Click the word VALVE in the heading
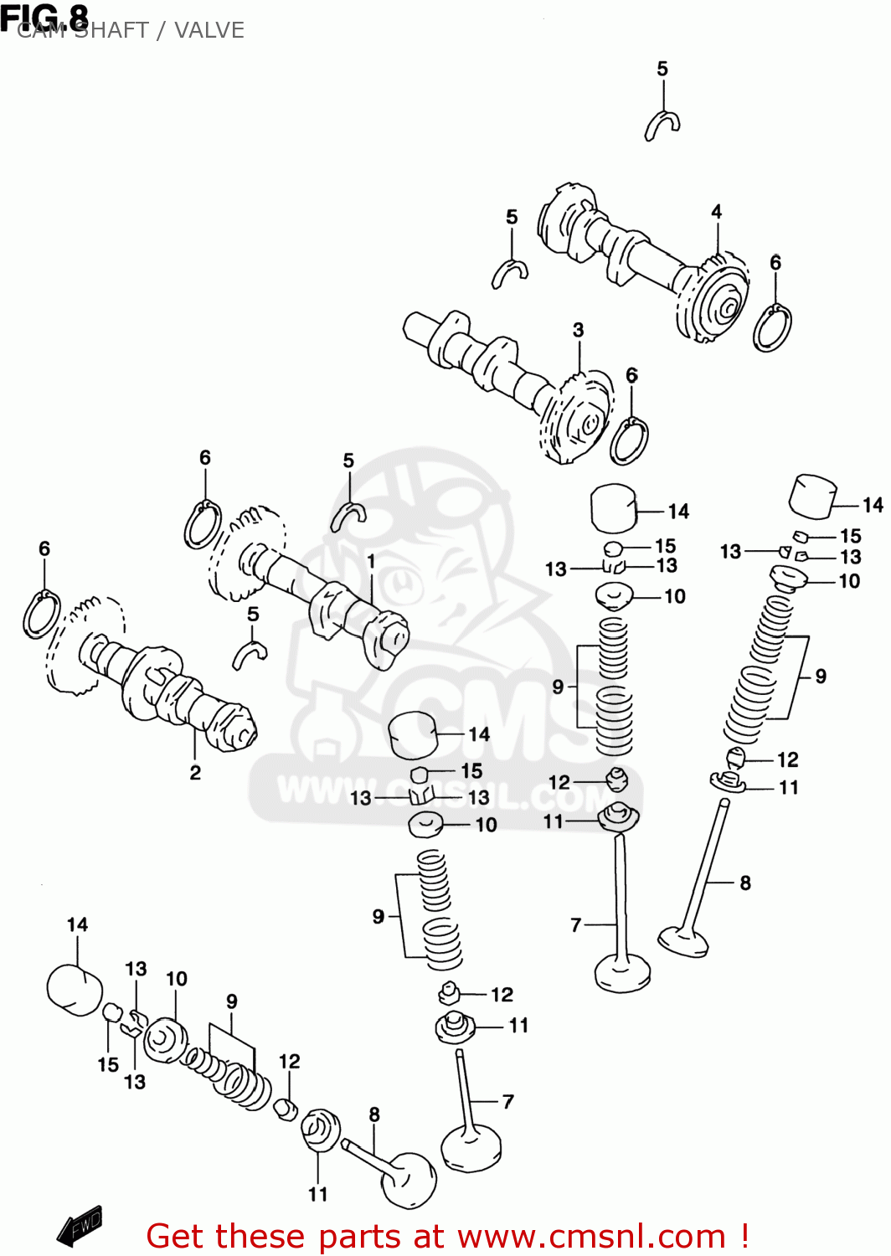click(x=209, y=30)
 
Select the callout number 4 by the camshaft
click(x=716, y=212)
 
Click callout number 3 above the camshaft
click(x=578, y=330)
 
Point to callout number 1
click(x=370, y=562)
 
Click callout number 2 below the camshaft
click(x=195, y=772)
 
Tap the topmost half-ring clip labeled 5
click(x=662, y=125)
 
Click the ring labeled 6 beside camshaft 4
click(x=772, y=328)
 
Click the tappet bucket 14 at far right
click(x=813, y=497)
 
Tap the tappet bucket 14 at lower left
click(x=74, y=989)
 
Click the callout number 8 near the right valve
click(x=744, y=883)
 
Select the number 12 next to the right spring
click(x=787, y=759)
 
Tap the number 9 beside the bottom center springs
click(x=379, y=916)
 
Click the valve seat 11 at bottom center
click(x=456, y=1027)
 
